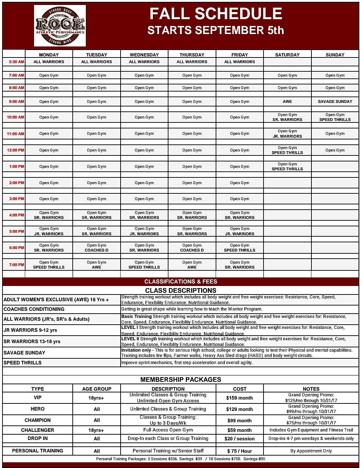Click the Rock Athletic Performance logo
[x=60, y=26]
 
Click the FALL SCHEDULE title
[x=216, y=14]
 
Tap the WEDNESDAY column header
[x=144, y=55]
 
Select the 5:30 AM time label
[x=16, y=62]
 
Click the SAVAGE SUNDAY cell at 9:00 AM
[x=335, y=101]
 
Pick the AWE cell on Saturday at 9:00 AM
[x=287, y=101]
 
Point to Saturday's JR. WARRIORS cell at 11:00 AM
[x=287, y=136]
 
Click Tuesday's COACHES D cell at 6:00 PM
[x=96, y=250]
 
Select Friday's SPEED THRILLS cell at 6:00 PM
[x=239, y=250]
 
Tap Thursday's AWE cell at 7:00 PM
[x=192, y=267]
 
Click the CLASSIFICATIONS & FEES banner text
[x=181, y=281]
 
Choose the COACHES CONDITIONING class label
[x=34, y=309]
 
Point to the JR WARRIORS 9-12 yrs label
[x=31, y=330]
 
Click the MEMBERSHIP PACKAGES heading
[x=181, y=379]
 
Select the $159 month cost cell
[x=239, y=398]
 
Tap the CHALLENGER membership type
[x=38, y=430]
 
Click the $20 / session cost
[x=239, y=439]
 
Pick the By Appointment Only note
[x=311, y=451]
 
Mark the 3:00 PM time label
[x=16, y=199]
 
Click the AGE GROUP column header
[x=96, y=389]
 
